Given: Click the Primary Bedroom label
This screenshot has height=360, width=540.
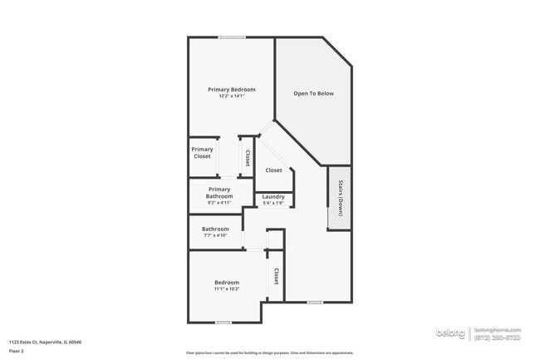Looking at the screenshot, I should pos(231,89).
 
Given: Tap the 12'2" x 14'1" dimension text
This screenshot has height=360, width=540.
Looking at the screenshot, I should pos(231,96).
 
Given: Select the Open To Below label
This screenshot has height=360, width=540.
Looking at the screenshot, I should pos(313,93).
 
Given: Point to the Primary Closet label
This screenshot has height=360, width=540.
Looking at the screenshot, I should pos(202,153).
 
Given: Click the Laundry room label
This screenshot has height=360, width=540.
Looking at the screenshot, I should pos(273,197).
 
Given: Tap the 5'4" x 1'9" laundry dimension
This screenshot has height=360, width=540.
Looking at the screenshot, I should pos(273,203).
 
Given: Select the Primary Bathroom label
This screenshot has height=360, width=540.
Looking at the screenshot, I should pos(219,192).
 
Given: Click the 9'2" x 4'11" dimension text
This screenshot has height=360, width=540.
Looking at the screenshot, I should pos(219,202).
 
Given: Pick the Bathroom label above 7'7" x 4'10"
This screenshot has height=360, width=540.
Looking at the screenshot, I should pos(215,229).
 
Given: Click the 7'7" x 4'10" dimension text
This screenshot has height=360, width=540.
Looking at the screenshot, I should pos(215,235).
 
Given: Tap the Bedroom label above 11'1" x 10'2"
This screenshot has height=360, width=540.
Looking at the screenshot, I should pos(227,283).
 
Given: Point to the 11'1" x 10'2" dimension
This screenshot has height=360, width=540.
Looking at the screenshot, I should pos(227,289).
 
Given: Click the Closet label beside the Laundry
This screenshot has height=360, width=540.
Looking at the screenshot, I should pos(273,170).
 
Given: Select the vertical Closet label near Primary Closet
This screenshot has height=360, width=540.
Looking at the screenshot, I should pos(247,157).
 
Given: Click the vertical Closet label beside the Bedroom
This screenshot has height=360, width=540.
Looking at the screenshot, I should pos(275,276).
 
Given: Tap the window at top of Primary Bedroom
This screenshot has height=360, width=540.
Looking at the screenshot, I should pos(232,37).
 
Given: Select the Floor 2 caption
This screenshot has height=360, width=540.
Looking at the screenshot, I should pos(17,351).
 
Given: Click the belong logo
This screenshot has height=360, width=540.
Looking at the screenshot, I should pos(451,333).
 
